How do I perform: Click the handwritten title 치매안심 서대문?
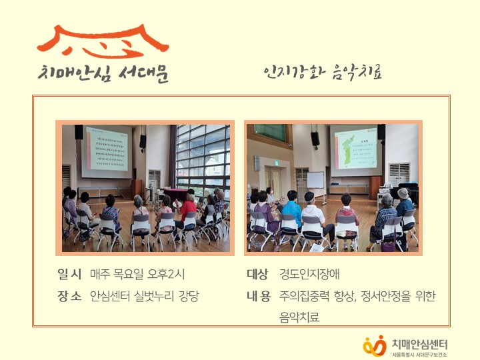pyautogui.click(x=103, y=73)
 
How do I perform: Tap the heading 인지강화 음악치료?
pyautogui.click(x=323, y=72)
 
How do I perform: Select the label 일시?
pyautogui.click(x=69, y=274)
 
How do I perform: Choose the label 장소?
pyautogui.click(x=69, y=296)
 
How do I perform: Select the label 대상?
pyautogui.click(x=257, y=274)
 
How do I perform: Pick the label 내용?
pyautogui.click(x=257, y=296)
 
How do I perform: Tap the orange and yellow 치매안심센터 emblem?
pyautogui.click(x=375, y=345)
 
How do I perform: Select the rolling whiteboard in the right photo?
pyautogui.click(x=315, y=180)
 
